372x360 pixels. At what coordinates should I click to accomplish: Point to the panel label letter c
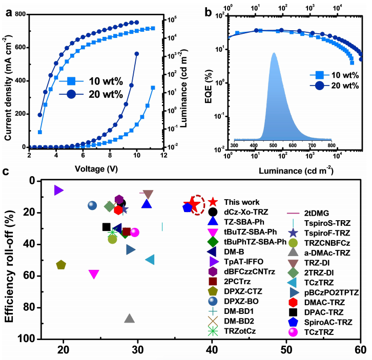pyautogui.click(x=7, y=172)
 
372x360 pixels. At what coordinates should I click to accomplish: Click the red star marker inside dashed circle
pyautogui.click(x=194, y=205)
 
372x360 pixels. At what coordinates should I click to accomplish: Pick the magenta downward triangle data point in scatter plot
pyautogui.click(x=94, y=274)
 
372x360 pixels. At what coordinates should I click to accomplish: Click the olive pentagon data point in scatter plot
pyautogui.click(x=61, y=265)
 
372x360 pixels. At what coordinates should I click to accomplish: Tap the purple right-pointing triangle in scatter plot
pyautogui.click(x=58, y=190)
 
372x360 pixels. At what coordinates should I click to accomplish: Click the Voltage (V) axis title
pyautogui.click(x=96, y=167)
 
